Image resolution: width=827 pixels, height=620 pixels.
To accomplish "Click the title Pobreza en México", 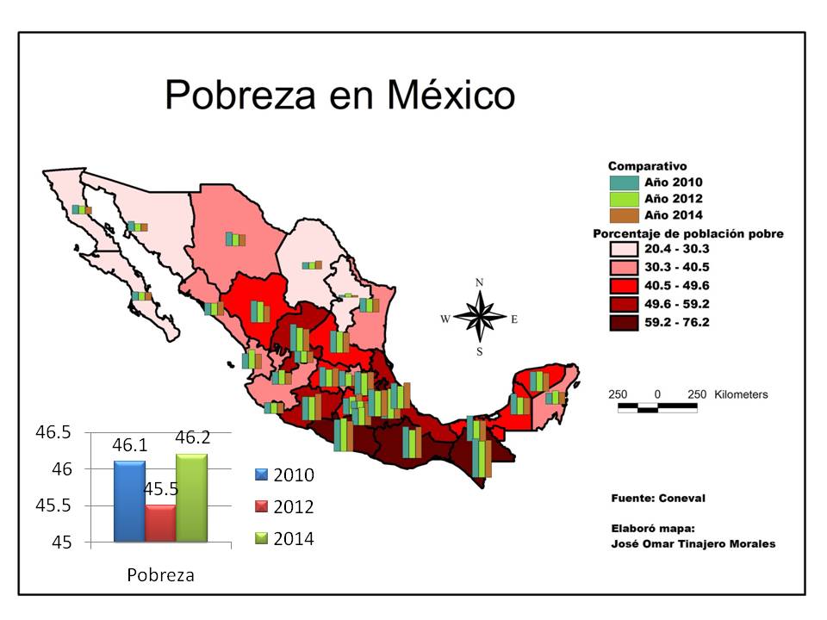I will click(x=339, y=94).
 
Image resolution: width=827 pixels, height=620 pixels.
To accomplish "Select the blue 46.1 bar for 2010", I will click(x=129, y=500).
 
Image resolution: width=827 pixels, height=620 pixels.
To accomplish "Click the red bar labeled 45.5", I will click(x=160, y=523).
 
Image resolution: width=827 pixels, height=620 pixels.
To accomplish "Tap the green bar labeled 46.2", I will click(x=191, y=497).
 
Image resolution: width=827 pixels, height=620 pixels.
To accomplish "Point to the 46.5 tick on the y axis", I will click(x=53, y=432).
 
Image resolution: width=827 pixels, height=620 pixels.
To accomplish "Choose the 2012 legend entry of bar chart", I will click(x=283, y=507).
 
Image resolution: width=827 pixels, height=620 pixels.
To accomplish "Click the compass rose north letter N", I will click(x=480, y=282).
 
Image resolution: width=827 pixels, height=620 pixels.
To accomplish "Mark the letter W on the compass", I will click(x=445, y=319).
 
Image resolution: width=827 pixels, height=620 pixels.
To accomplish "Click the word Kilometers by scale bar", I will click(x=739, y=394).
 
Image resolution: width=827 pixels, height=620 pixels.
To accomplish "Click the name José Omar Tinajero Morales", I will click(x=693, y=543).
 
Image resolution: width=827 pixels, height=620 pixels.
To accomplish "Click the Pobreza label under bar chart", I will click(x=160, y=575).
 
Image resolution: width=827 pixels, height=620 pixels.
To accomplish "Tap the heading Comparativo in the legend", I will click(x=647, y=166).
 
